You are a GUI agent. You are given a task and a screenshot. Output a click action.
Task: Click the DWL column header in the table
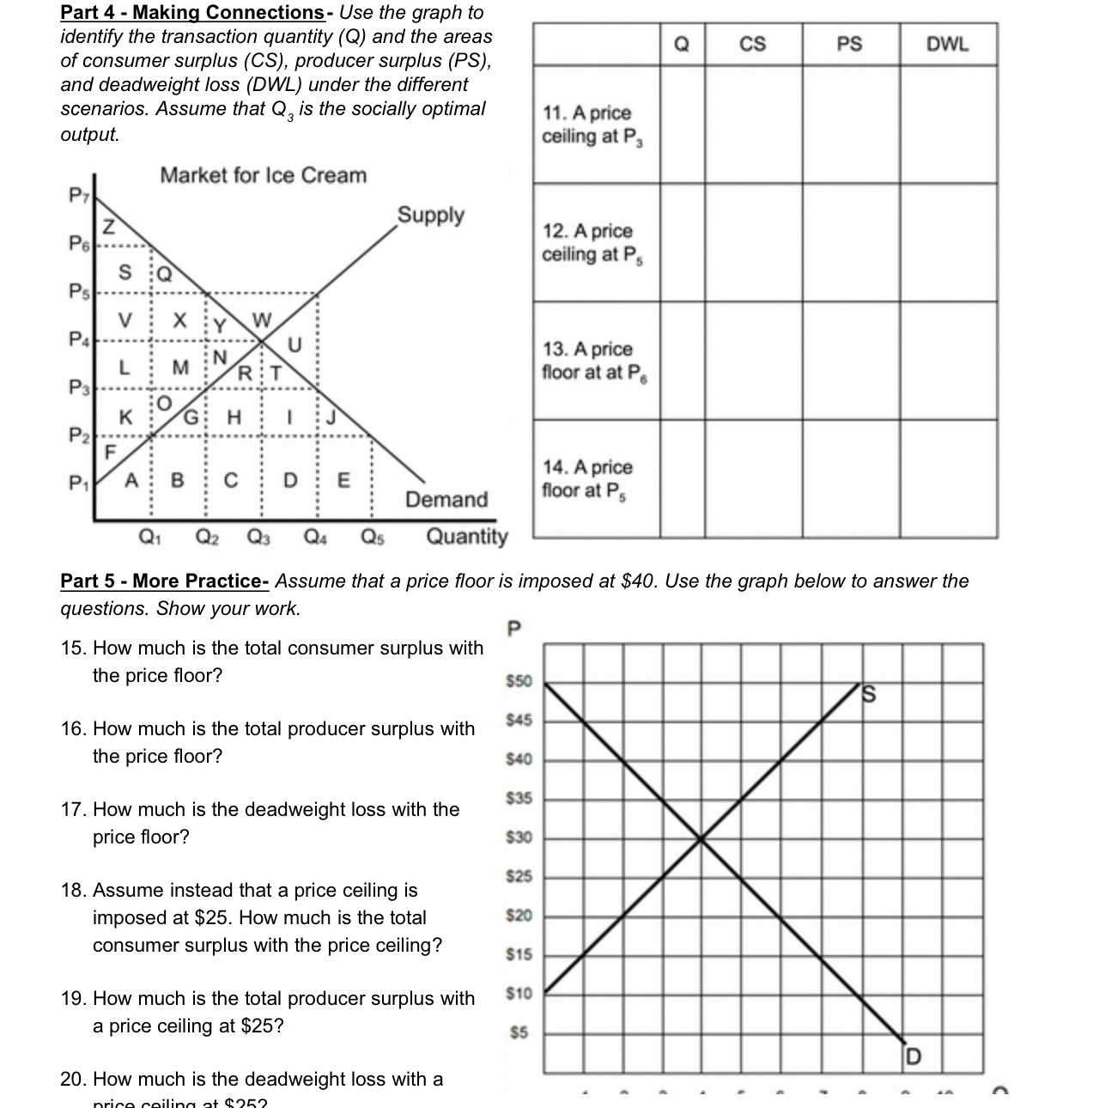[x=948, y=44]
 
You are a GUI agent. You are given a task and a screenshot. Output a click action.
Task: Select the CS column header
[x=753, y=44]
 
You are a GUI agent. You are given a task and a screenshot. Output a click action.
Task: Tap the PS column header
[x=849, y=44]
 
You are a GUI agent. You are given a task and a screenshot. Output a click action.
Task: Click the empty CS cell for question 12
[x=754, y=242]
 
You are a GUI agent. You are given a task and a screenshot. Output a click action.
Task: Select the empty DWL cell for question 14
[x=949, y=479]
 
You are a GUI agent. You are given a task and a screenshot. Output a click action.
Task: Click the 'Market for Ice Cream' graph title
[x=263, y=175]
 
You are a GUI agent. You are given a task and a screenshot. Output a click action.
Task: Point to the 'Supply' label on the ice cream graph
[x=430, y=215]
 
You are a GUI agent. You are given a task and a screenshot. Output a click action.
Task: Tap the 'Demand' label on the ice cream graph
[x=446, y=499]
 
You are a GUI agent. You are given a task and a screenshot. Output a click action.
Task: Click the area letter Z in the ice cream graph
[x=108, y=227]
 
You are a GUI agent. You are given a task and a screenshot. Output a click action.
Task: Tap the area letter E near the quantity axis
[x=343, y=480]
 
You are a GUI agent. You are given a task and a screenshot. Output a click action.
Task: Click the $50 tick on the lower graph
[x=519, y=681]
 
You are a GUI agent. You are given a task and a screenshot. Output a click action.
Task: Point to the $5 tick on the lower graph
[x=519, y=1032]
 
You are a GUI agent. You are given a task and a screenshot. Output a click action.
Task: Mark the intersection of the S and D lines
[x=702, y=838]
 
